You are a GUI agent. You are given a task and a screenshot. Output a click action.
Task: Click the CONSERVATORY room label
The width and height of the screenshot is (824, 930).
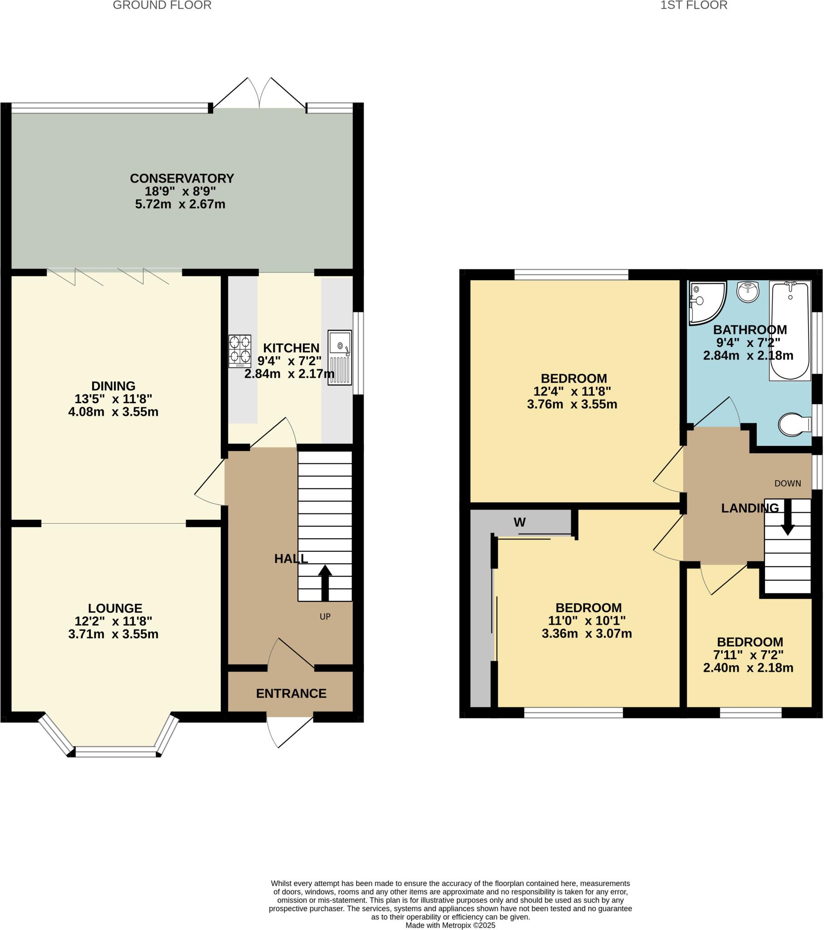click(x=182, y=178)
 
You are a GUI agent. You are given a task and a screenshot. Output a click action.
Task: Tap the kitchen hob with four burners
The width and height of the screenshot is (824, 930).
click(x=239, y=351)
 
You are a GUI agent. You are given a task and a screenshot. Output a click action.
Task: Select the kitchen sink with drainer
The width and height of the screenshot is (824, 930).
click(x=340, y=357)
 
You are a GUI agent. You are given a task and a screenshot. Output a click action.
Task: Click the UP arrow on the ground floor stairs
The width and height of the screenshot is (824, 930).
click(x=325, y=583)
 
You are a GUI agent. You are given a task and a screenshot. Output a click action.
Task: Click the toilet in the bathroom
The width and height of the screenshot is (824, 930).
click(x=794, y=425)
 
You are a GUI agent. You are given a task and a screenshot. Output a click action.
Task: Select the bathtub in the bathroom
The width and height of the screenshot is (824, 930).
click(x=790, y=330)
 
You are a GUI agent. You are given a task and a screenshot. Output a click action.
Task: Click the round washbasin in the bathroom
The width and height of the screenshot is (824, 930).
click(x=748, y=291)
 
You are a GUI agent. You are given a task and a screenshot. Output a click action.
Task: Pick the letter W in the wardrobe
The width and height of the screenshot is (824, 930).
click(x=520, y=522)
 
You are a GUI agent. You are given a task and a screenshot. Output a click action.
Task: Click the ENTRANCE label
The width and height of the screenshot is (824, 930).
click(x=291, y=693)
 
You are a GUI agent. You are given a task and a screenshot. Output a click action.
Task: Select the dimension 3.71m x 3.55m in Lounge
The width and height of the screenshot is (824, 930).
click(x=114, y=634)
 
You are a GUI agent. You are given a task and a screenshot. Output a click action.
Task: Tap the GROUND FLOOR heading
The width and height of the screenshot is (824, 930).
click(x=162, y=5)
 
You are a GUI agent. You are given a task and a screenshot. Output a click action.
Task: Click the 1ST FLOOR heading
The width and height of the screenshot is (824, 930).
click(x=694, y=5)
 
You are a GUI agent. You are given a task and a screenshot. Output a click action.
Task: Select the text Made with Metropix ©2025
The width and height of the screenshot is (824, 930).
click(x=450, y=925)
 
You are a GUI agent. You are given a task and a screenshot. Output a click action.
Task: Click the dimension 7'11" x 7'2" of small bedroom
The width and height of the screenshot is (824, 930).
click(x=748, y=655)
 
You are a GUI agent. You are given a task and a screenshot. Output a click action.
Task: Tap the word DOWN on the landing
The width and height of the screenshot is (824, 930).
click(x=788, y=483)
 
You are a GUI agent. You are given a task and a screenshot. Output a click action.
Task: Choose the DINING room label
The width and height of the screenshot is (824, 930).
click(x=114, y=386)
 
